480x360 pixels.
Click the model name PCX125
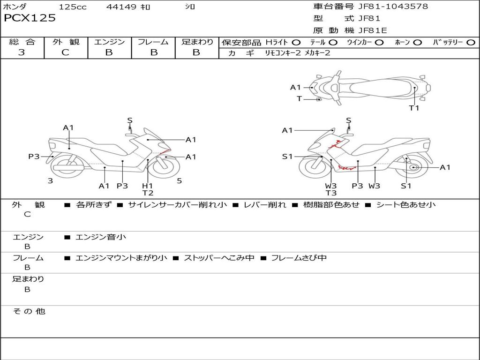click(x=30, y=18)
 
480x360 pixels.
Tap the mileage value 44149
click(x=121, y=7)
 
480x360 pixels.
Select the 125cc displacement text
click(x=73, y=7)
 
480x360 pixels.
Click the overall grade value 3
click(x=22, y=52)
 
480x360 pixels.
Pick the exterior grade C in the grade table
click(x=65, y=52)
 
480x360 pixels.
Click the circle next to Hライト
click(x=296, y=43)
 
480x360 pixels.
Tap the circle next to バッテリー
click(x=470, y=43)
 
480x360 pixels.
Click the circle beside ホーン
click(x=418, y=43)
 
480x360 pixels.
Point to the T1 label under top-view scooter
click(x=414, y=108)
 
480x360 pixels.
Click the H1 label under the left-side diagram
click(x=148, y=186)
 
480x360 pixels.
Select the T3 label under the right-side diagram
click(x=331, y=193)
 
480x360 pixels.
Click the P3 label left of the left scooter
click(x=34, y=157)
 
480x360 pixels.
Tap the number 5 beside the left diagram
click(x=179, y=180)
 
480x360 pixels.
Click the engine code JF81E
click(x=373, y=30)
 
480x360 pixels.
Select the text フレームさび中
click(x=299, y=258)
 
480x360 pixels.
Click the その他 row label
click(x=29, y=311)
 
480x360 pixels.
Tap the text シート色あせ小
click(x=406, y=205)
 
